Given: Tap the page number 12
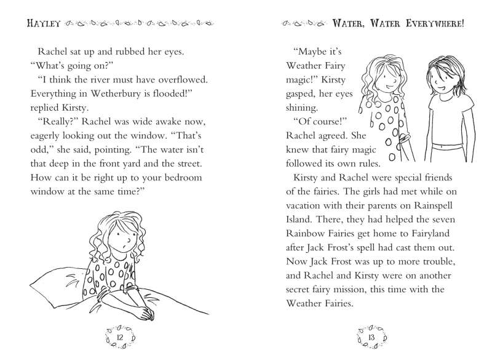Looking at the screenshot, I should tap(121, 338).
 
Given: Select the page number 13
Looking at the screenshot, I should tap(371, 338).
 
